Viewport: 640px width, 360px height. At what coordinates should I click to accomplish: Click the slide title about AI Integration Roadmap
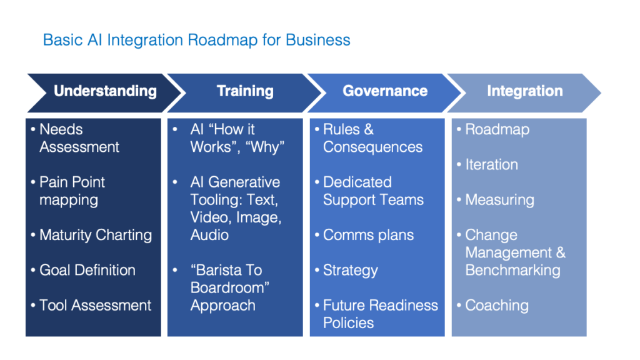point(196,40)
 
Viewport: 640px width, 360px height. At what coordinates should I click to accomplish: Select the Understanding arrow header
point(105,91)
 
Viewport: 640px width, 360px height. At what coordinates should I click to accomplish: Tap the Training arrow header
point(245,91)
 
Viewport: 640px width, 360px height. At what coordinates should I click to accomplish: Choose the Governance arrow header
point(385,91)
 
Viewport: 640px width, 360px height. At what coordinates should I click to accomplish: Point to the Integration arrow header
point(525,91)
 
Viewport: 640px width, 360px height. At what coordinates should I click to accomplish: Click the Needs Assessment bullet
point(79,138)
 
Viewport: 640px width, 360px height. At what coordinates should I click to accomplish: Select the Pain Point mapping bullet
point(72,191)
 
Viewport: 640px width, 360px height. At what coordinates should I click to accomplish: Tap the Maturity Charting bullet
point(95,235)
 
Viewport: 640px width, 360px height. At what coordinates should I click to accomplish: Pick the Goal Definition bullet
point(87,270)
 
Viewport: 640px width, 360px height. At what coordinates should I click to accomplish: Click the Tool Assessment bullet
point(95,305)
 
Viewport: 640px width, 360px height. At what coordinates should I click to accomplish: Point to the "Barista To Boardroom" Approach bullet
point(226,287)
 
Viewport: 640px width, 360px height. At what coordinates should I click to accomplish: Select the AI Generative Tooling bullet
point(235,208)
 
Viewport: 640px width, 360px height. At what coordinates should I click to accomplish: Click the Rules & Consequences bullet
point(372,138)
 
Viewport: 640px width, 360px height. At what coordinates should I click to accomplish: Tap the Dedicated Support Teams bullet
point(373,191)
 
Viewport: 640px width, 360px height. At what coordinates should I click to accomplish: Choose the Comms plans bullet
point(368,235)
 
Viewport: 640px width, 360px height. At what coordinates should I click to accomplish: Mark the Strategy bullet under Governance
point(350,270)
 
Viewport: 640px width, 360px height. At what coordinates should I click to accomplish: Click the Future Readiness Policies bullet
point(380,314)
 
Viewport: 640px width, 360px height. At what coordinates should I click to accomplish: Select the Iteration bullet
point(491,164)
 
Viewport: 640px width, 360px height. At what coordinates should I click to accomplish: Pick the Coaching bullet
point(497,305)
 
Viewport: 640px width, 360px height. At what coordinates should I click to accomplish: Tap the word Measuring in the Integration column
point(499,200)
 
